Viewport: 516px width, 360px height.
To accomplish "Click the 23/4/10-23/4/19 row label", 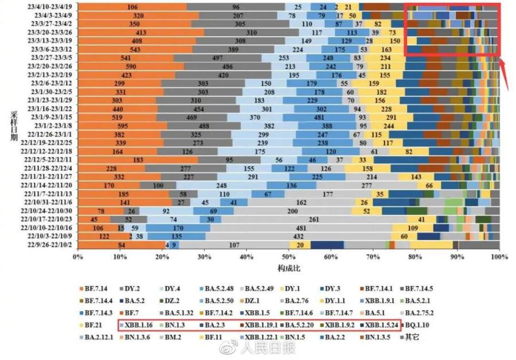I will tap(51, 7).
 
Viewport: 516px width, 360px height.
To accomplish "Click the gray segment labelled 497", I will tap(217, 58).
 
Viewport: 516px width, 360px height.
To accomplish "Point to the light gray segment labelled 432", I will tap(298, 236).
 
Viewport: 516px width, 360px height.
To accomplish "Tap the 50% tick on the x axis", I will tap(288, 257).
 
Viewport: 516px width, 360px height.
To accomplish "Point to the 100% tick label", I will tap(499, 257).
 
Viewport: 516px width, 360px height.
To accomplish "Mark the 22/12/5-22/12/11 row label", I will tap(50, 159).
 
